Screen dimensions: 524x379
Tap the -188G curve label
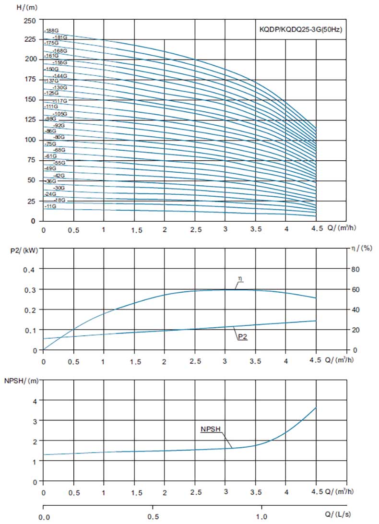tap(51, 31)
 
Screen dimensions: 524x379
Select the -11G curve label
tap(50, 206)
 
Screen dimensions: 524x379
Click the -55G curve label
tap(59, 163)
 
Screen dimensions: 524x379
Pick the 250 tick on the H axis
tap(30, 21)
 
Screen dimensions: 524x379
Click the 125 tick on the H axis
tap(30, 119)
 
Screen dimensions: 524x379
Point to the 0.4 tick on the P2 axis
tap(30, 269)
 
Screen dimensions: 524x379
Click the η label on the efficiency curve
tap(238, 278)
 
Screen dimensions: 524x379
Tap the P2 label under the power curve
tap(243, 337)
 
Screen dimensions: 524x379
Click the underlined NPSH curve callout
tap(210, 429)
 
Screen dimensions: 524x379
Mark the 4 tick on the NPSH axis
tap(35, 400)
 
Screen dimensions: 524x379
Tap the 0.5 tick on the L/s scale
tap(153, 517)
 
